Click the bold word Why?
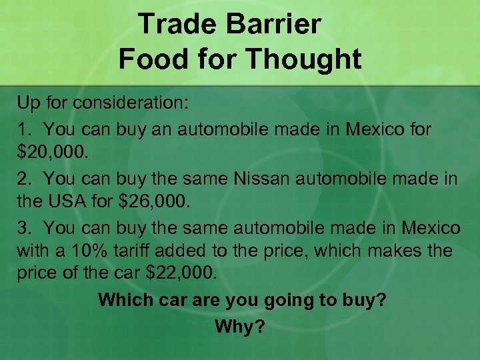coord(240,326)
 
